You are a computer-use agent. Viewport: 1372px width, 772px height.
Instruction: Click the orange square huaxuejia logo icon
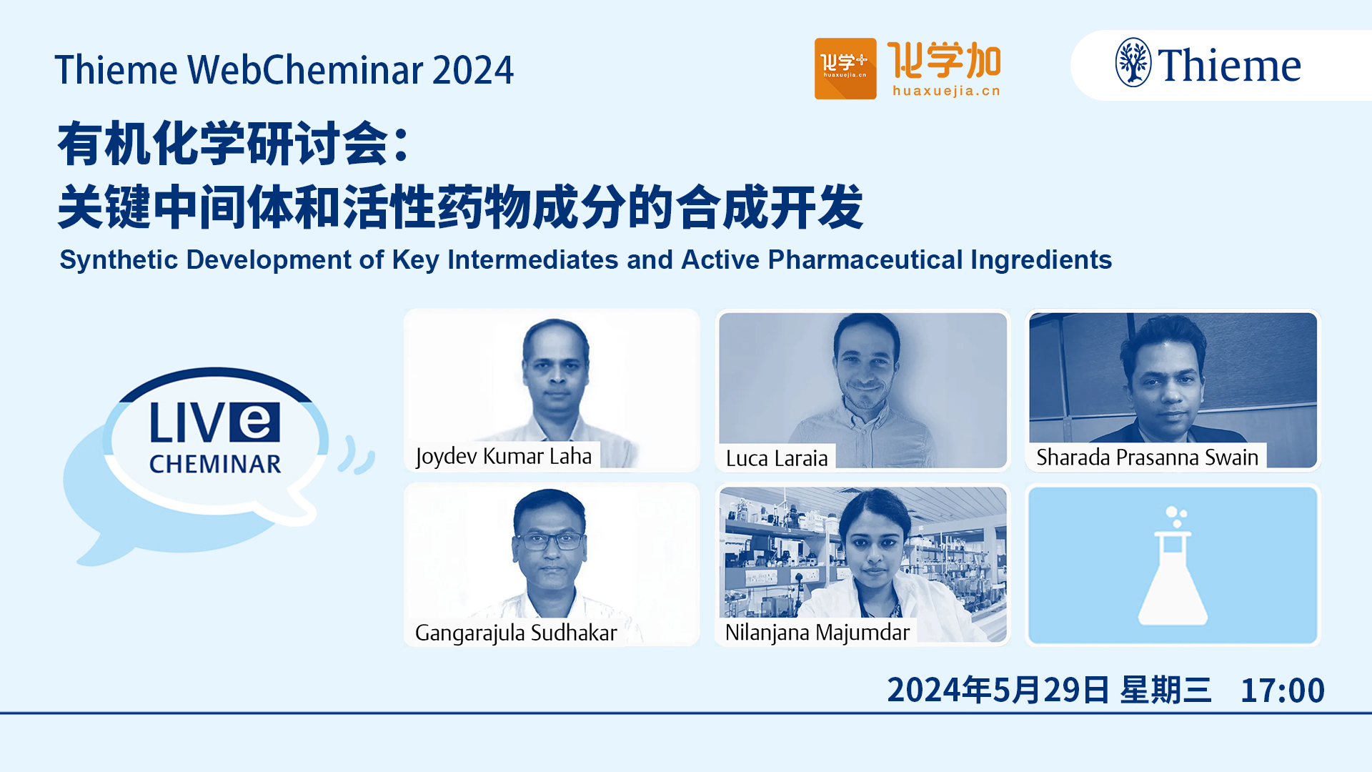click(x=845, y=69)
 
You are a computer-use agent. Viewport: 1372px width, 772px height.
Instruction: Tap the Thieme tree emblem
click(x=1133, y=63)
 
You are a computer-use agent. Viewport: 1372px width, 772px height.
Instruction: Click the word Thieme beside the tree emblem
click(x=1229, y=66)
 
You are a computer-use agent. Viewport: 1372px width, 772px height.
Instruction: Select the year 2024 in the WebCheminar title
click(x=472, y=70)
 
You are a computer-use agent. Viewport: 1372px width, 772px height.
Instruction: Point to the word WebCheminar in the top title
click(x=305, y=70)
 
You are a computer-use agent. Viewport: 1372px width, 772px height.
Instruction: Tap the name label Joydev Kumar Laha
click(x=504, y=457)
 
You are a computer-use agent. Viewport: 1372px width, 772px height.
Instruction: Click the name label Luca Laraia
click(x=777, y=458)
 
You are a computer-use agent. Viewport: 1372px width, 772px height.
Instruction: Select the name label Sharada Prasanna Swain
click(x=1147, y=457)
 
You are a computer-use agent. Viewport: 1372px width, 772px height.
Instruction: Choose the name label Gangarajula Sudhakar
click(x=516, y=633)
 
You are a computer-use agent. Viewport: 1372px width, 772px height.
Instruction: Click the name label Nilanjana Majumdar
click(x=817, y=633)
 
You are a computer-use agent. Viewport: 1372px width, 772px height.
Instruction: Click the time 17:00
click(x=1283, y=691)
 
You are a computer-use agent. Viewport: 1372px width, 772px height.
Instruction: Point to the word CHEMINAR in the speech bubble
click(x=215, y=465)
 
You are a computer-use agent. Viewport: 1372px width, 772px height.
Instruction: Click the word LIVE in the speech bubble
click(x=214, y=422)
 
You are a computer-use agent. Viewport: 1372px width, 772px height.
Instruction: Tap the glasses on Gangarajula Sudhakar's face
click(x=549, y=541)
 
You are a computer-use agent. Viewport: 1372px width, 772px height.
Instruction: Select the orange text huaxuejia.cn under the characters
click(x=946, y=91)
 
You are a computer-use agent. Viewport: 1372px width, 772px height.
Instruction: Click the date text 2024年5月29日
click(x=998, y=691)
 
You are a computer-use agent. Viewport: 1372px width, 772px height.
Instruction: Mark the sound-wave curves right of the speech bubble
click(x=357, y=455)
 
